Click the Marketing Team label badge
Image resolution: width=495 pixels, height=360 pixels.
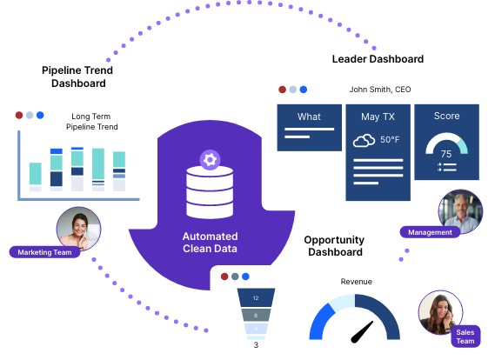pos(44,252)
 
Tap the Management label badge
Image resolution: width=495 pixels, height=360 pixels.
pos(430,232)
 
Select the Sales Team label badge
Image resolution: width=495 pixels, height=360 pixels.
pos(465,337)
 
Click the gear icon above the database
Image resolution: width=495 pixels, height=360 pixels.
pos(210,160)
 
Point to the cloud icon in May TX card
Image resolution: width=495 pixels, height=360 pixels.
pos(364,140)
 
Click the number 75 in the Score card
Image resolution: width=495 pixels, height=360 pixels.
pos(446,154)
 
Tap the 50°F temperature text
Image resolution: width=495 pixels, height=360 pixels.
pos(390,139)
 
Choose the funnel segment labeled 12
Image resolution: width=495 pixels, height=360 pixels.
pos(256,297)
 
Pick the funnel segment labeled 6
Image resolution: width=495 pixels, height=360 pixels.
pos(256,315)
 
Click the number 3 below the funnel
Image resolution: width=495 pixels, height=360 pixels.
pos(256,345)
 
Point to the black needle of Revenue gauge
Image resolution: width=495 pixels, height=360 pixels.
pos(362,332)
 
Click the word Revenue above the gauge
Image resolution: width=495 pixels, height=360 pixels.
pos(356,282)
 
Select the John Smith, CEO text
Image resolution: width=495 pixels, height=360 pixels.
pos(380,90)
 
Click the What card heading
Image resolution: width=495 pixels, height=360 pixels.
pos(309,117)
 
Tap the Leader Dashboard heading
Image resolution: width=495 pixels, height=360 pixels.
pos(378,59)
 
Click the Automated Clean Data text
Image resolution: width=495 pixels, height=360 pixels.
pos(211,243)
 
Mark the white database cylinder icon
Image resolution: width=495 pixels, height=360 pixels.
pos(210,192)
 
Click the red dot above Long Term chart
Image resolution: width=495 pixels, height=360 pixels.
pos(19,115)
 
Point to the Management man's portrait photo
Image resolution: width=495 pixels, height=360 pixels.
pos(460,211)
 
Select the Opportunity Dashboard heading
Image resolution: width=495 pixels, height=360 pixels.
pos(334,246)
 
